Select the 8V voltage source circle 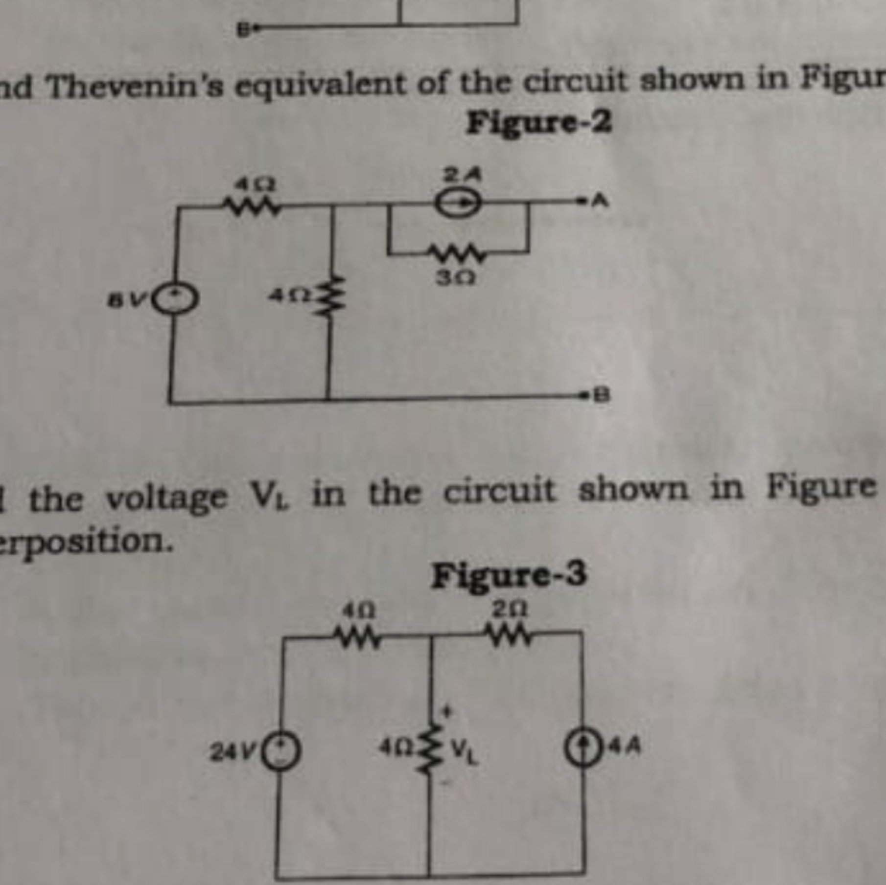(x=177, y=299)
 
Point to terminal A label (x=601, y=200)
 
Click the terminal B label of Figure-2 (x=602, y=395)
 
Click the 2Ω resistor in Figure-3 (x=510, y=636)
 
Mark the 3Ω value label (x=456, y=279)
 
